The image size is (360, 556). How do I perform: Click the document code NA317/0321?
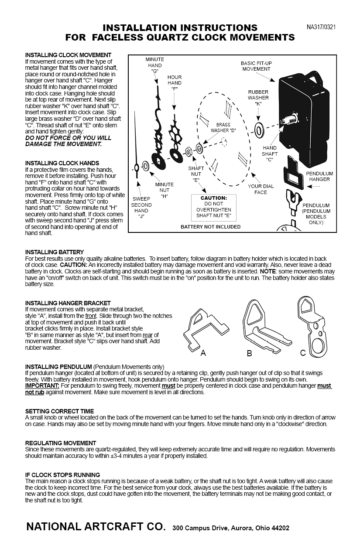[321, 27]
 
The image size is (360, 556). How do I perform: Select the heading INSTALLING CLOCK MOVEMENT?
[68, 55]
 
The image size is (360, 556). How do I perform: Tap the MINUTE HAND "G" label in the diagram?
[154, 65]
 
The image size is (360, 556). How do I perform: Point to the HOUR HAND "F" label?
[175, 83]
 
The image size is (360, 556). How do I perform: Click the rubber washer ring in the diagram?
[258, 130]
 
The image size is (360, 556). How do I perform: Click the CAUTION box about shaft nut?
[213, 207]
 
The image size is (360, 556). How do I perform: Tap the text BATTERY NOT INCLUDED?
[210, 227]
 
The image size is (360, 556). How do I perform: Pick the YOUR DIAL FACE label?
[261, 189]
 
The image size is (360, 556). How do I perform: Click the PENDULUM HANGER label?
[319, 176]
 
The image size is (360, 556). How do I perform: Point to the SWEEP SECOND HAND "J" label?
[141, 208]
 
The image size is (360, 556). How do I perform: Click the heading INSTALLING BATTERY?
[55, 252]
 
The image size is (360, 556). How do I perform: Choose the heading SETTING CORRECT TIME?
[59, 411]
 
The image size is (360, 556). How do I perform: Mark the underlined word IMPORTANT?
[42, 386]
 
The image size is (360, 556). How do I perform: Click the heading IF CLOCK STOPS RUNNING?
[62, 475]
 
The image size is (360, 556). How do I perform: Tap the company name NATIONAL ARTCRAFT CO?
[96, 526]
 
